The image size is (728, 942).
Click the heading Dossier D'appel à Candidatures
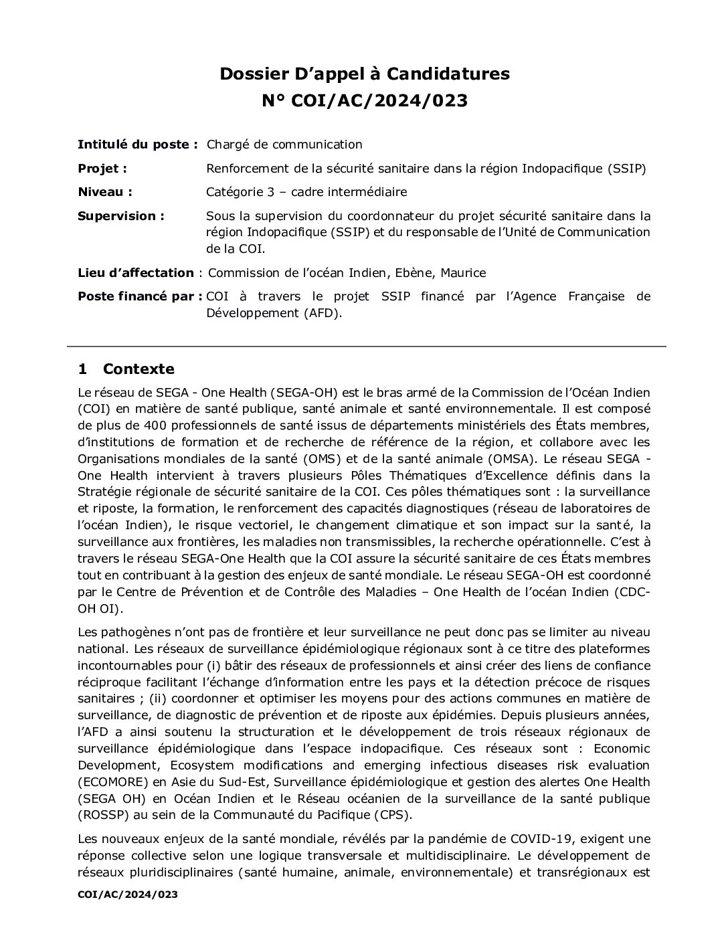click(x=365, y=74)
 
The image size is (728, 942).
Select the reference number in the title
click(x=365, y=102)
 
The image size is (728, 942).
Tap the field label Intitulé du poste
click(x=137, y=145)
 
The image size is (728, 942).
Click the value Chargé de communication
click(x=284, y=145)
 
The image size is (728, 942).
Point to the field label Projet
click(x=102, y=169)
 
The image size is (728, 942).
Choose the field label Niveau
click(x=104, y=192)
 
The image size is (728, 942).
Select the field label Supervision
click(x=121, y=216)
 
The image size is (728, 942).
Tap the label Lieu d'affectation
click(x=136, y=273)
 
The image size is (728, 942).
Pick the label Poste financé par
click(x=140, y=296)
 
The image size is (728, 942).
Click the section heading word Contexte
click(x=139, y=369)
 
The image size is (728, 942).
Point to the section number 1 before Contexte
click(x=82, y=369)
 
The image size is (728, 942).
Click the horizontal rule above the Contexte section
click(x=366, y=347)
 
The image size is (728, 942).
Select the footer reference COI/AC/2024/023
click(x=127, y=894)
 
